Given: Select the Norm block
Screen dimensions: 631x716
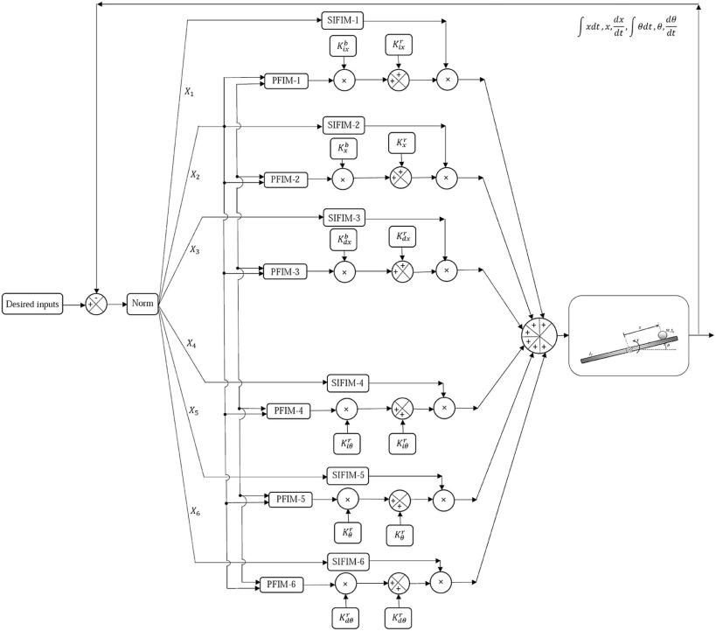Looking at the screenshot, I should pos(141,305).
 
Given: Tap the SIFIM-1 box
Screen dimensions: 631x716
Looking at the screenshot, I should pos(343,19).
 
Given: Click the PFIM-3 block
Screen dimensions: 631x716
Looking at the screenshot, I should pos(285,272).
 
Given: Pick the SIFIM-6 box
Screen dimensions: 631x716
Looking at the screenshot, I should pos(351,562).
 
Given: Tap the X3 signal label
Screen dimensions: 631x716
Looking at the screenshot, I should pos(195,249).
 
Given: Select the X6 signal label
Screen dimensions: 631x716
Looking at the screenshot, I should pos(196,511).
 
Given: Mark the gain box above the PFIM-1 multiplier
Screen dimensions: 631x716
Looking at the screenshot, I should pos(342,46).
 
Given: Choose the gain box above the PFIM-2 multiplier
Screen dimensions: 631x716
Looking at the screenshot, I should pos(343,147).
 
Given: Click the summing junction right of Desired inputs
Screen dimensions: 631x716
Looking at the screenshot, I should pos(96,305).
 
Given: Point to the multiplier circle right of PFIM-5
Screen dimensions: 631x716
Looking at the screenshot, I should pos(348,500).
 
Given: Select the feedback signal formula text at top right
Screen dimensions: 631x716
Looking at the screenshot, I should pos(622,29).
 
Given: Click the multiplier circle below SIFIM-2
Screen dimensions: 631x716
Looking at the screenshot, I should pos(447,178).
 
